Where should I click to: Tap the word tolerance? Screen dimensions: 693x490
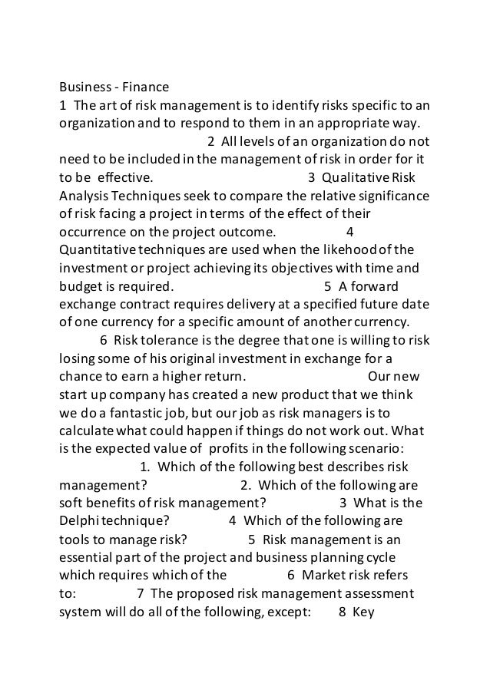[168, 340]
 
